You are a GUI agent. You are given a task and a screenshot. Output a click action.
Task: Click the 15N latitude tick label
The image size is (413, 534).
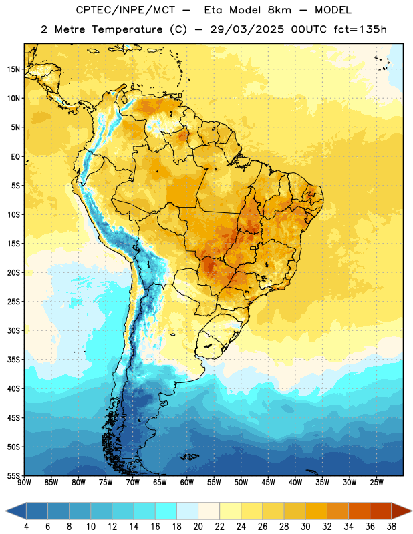(13, 69)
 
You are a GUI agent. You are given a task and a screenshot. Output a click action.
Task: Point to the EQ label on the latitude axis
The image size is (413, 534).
(15, 157)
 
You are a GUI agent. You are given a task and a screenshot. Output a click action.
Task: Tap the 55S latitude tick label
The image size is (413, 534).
(13, 475)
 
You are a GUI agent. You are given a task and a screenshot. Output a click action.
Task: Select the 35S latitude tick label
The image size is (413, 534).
(13, 360)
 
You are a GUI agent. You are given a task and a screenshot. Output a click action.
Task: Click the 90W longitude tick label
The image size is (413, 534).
(24, 483)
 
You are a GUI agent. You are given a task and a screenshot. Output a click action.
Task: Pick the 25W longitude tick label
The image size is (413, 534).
(376, 483)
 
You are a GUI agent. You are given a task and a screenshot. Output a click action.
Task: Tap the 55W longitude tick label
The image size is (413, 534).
(214, 483)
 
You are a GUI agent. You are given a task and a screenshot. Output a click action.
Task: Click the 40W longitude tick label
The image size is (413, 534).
(295, 483)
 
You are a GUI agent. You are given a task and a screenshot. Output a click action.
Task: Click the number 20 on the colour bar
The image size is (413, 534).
(198, 527)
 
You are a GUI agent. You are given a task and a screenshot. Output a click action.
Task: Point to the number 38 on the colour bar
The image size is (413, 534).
(392, 527)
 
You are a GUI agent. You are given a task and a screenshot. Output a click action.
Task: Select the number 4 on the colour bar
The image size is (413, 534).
(26, 527)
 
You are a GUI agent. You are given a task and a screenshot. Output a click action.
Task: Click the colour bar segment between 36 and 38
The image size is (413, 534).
(381, 511)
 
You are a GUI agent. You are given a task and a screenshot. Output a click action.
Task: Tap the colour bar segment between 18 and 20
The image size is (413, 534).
(187, 511)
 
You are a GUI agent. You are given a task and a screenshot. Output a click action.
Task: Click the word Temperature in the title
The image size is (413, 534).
(127, 29)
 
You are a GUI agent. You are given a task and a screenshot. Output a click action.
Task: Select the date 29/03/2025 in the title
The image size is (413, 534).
(247, 29)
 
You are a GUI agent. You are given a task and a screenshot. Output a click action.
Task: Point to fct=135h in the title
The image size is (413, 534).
(360, 29)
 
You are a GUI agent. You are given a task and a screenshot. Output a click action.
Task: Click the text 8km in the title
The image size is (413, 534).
(279, 10)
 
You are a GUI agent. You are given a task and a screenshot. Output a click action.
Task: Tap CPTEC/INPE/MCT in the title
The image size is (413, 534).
(126, 11)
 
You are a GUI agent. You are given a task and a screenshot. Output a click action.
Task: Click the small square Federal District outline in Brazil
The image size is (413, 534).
(253, 248)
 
